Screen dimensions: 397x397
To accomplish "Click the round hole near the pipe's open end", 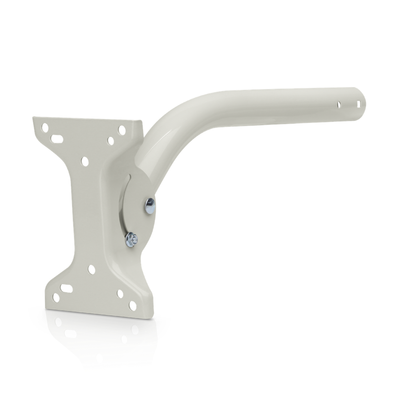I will [339, 104].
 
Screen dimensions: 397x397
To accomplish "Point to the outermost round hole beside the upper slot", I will [45, 127].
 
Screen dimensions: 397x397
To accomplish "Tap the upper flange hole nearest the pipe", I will [122, 129].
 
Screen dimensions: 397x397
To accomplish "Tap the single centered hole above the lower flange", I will [91, 268].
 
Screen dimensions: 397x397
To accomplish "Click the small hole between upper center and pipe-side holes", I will [110, 140].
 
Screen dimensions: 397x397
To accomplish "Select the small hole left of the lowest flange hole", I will [120, 293].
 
